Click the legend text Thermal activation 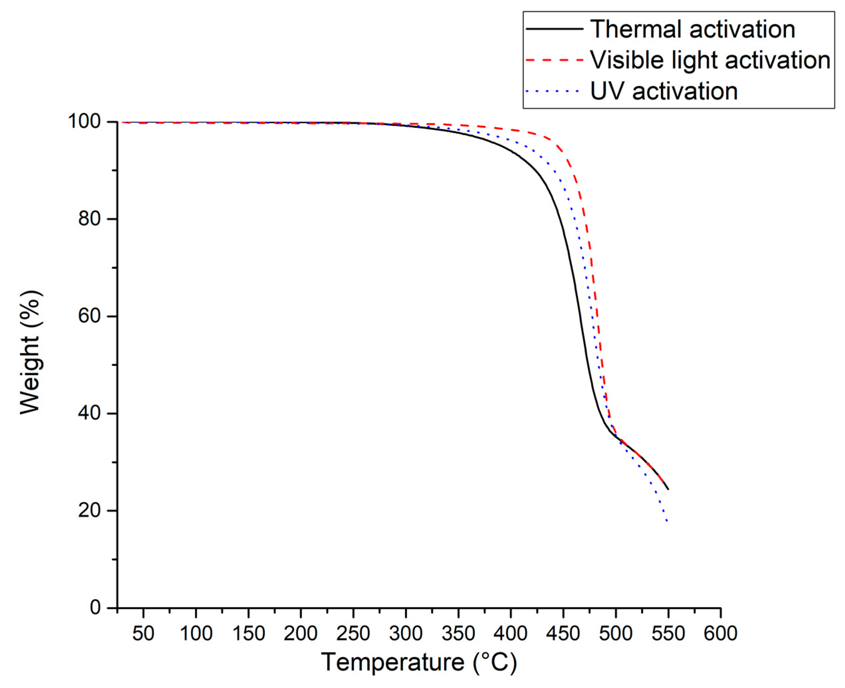coord(692,29)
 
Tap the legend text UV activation coord(664,91)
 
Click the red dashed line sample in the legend coord(554,60)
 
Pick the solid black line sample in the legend coord(554,29)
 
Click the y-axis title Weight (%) coord(31,352)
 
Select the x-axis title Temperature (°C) coord(419,662)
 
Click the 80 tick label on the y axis coord(89,219)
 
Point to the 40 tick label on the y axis coord(89,413)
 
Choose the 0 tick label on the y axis coord(95,608)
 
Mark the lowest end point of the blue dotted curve coord(667,521)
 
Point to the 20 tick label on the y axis coord(89,511)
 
